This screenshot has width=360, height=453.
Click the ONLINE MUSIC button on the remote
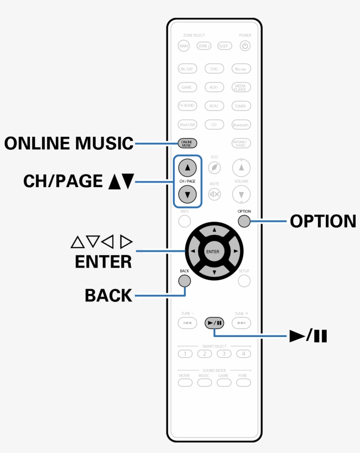tap(187, 143)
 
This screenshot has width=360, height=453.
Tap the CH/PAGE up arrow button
tap(187, 167)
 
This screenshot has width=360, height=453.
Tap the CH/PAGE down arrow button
tap(187, 194)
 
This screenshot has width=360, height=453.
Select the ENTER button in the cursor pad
tap(214, 252)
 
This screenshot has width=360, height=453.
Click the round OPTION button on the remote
tap(244, 221)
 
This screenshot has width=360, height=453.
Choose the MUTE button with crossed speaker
tap(214, 194)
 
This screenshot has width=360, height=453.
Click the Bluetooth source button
tap(241, 125)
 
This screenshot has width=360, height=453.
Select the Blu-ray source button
tap(241, 69)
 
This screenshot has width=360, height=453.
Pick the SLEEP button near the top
tap(225, 46)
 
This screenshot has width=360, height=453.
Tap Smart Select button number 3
tap(223, 353)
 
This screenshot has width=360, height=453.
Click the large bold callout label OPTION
tap(323, 221)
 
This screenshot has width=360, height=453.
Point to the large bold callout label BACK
tap(108, 296)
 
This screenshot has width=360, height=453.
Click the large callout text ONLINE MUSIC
tap(68, 143)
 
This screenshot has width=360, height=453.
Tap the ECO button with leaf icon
tap(214, 167)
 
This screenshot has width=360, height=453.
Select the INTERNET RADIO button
tap(241, 143)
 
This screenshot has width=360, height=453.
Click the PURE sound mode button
tap(243, 383)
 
